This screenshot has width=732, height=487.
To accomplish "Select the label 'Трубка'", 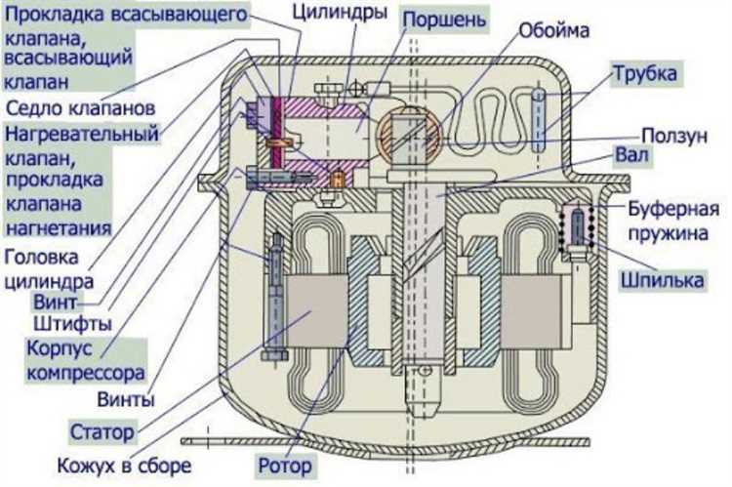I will (644, 73).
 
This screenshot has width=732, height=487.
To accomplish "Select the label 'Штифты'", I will (72, 322).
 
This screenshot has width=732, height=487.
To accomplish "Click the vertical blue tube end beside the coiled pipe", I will (541, 120).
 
